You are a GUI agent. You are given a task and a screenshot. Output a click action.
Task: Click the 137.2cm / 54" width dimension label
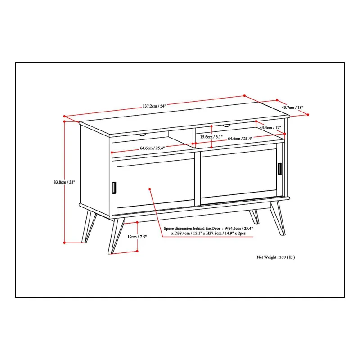click(154, 106)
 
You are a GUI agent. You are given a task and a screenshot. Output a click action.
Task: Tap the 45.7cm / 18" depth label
click(292, 108)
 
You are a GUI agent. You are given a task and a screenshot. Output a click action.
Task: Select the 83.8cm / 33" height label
click(64, 182)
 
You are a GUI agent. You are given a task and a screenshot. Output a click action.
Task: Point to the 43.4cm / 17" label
click(270, 127)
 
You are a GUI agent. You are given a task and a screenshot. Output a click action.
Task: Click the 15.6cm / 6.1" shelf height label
click(211, 137)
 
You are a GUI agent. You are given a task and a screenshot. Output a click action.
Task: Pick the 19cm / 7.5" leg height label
click(137, 237)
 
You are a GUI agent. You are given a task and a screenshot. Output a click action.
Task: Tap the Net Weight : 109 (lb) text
click(276, 257)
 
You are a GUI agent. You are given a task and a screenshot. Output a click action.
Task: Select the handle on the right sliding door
click(279, 169)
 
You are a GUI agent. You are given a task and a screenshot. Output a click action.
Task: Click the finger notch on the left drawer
click(142, 135)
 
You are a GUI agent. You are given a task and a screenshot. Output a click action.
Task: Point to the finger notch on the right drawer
click(226, 126)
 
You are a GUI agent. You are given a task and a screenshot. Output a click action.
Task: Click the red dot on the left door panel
click(150, 189)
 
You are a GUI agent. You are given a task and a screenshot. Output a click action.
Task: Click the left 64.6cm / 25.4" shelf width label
click(153, 148)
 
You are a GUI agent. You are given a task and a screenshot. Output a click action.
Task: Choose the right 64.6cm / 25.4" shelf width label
click(240, 139)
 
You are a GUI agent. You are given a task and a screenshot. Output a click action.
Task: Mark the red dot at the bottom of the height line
click(64, 243)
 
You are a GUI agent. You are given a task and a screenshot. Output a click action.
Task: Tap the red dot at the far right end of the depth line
click(308, 115)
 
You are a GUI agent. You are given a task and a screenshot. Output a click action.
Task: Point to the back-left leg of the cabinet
click(89, 226)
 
